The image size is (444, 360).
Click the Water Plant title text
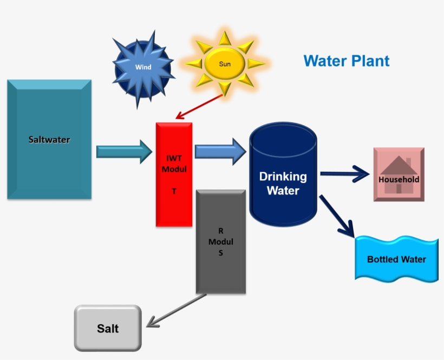pos(347,61)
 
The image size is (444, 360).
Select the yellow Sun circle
pos(225,64)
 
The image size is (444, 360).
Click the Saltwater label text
pos(49,140)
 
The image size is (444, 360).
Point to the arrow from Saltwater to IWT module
pos(124,152)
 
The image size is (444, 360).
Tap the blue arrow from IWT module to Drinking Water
pos(220,151)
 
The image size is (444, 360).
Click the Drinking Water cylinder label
pos(283,184)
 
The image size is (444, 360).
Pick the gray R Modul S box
pos(220,241)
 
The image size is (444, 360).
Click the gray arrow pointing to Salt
pos(175,311)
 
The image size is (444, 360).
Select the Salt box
pos(108,328)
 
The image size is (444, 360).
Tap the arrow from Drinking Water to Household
pos(344,174)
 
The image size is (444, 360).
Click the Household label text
pos(399,179)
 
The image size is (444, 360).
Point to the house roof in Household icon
pos(398,165)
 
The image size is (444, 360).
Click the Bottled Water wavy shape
pos(396,259)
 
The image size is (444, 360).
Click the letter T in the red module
pos(174,192)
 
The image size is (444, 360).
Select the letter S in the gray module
pos(220,253)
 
